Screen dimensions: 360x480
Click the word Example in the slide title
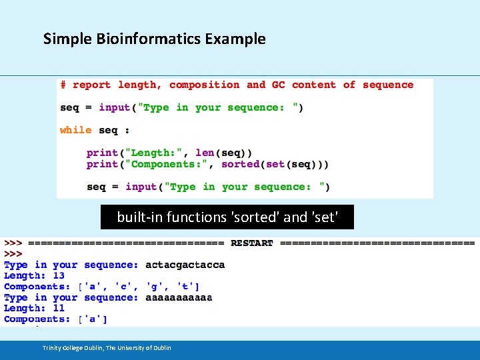pyautogui.click(x=235, y=39)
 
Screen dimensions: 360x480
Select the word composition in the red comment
pyautogui.click(x=204, y=85)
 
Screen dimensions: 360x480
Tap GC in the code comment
pyautogui.click(x=278, y=85)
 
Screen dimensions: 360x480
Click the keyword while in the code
pyautogui.click(x=75, y=130)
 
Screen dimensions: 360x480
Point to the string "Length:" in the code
pyautogui.click(x=157, y=153)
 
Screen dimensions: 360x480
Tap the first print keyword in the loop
pyautogui.click(x=102, y=153)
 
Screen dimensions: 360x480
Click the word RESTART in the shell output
pyautogui.click(x=252, y=243)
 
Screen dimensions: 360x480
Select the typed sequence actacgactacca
pyautogui.click(x=185, y=265)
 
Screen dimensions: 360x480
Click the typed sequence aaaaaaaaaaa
pyautogui.click(x=179, y=297)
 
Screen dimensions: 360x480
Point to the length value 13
pyautogui.click(x=59, y=275)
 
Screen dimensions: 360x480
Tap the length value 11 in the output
pyautogui.click(x=59, y=308)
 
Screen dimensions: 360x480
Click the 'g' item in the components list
pyautogui.click(x=154, y=287)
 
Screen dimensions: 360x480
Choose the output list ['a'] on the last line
pyautogui.click(x=93, y=319)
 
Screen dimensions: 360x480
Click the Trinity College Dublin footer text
pyautogui.click(x=107, y=347)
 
